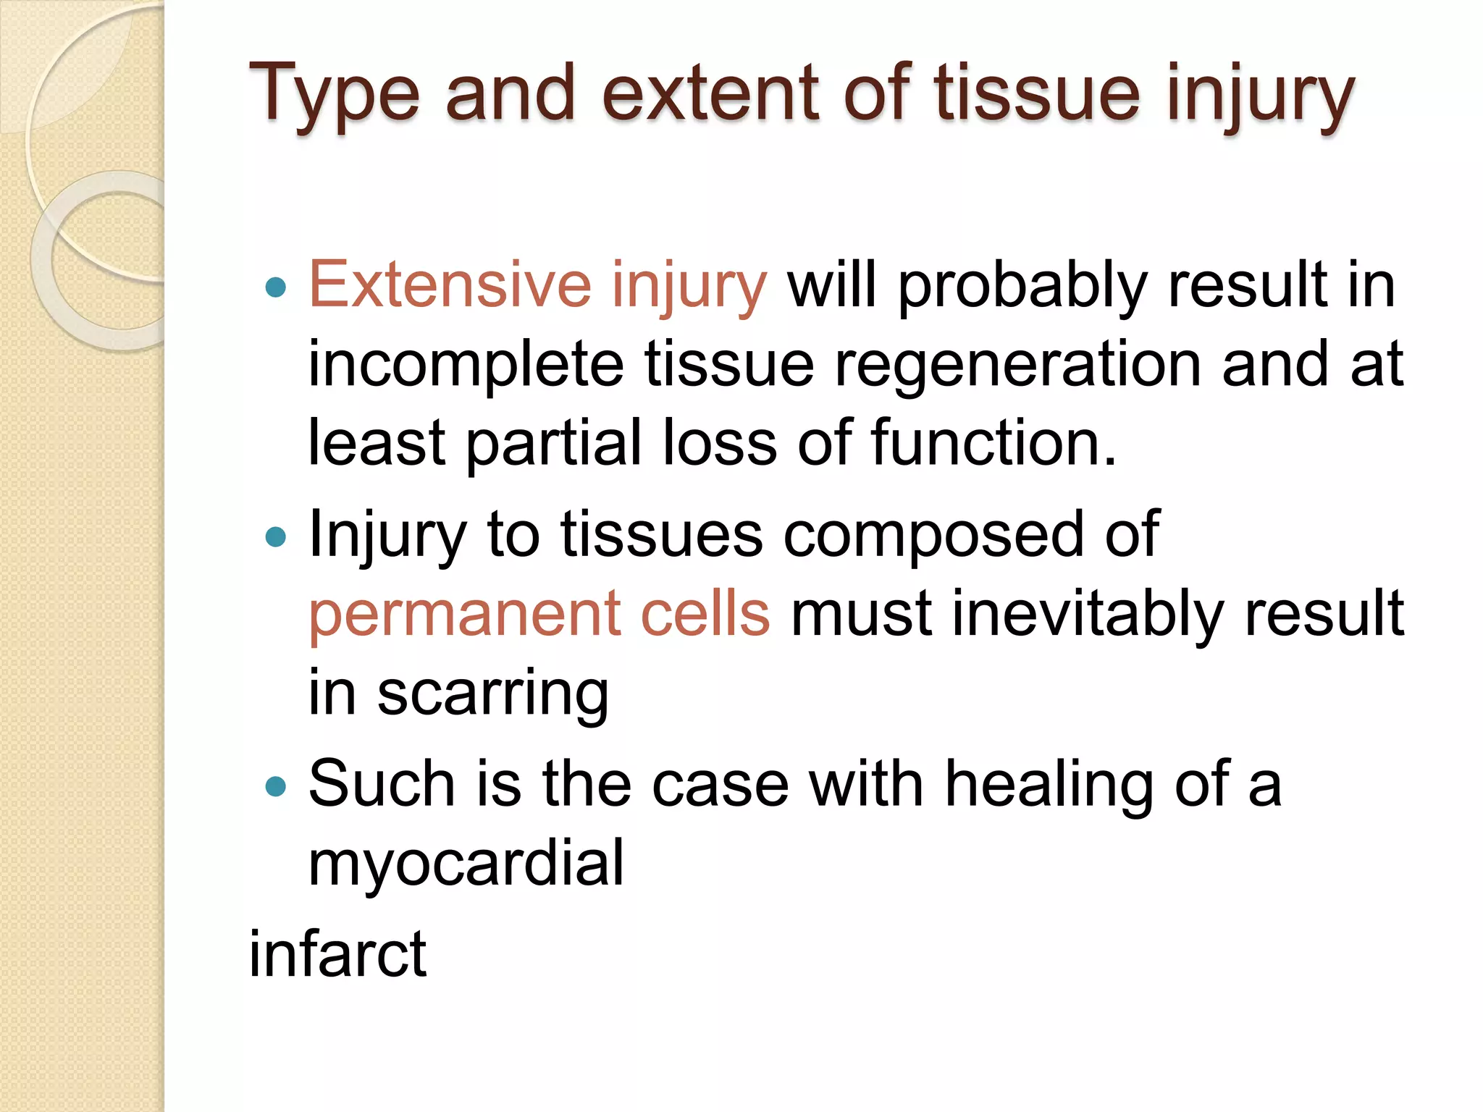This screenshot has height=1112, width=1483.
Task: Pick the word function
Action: [993, 443]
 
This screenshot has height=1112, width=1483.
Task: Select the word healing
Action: [1049, 786]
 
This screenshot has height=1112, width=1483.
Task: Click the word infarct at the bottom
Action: [337, 954]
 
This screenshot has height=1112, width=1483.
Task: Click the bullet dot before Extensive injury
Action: [276, 288]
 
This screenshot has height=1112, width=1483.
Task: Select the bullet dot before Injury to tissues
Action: [276, 537]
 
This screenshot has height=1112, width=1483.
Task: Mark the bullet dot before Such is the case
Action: [276, 787]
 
